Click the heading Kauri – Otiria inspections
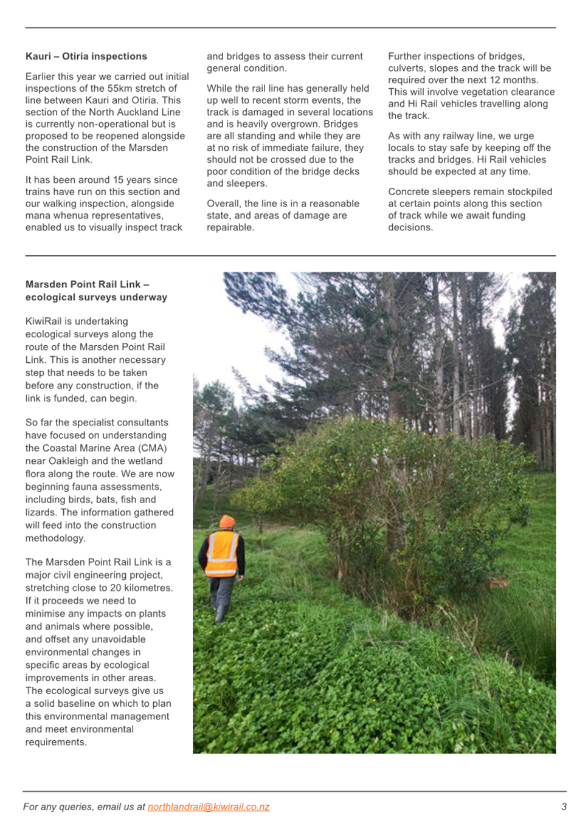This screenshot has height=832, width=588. (86, 57)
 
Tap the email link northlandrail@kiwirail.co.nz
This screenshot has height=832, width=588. (208, 807)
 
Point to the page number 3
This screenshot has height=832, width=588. (564, 807)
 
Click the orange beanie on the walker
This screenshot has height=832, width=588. (227, 521)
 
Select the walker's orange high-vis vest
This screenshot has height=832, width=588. (222, 553)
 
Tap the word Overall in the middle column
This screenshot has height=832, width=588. (223, 204)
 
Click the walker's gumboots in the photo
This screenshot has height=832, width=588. (221, 613)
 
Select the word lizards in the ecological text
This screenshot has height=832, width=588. (40, 512)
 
